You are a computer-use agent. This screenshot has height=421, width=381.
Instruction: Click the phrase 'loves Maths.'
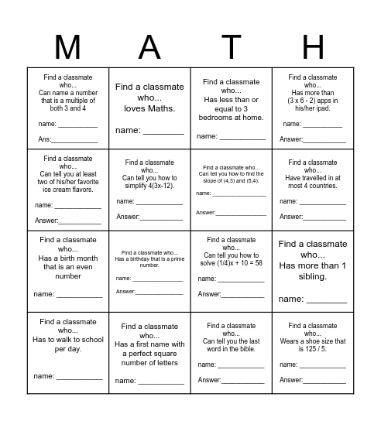pyautogui.click(x=149, y=108)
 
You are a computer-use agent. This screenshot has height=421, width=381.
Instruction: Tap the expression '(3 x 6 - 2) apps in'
pyautogui.click(x=312, y=100)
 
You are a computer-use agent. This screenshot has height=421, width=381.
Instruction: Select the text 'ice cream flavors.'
pyautogui.click(x=68, y=189)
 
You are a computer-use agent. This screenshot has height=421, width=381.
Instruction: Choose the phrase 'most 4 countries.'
pyautogui.click(x=312, y=186)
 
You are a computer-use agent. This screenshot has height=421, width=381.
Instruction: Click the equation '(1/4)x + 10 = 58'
pyautogui.click(x=231, y=263)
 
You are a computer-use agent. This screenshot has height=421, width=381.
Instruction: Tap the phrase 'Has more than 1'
pyautogui.click(x=312, y=265)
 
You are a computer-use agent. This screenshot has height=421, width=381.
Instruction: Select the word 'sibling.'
pyautogui.click(x=312, y=276)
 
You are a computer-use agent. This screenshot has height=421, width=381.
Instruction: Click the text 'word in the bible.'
pyautogui.click(x=231, y=349)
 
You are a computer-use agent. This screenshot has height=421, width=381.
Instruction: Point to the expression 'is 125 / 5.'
pyautogui.click(x=312, y=349)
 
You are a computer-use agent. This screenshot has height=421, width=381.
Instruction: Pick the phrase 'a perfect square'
pyautogui.click(x=149, y=353)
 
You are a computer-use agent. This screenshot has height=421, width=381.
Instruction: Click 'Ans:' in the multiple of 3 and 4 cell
pyautogui.click(x=46, y=140)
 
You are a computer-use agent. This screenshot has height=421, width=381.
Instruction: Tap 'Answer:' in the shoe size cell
pyautogui.click(x=291, y=380)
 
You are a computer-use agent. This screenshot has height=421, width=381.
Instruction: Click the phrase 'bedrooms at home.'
pyautogui.click(x=231, y=118)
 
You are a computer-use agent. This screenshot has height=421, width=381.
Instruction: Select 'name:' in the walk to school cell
pyautogui.click(x=43, y=378)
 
